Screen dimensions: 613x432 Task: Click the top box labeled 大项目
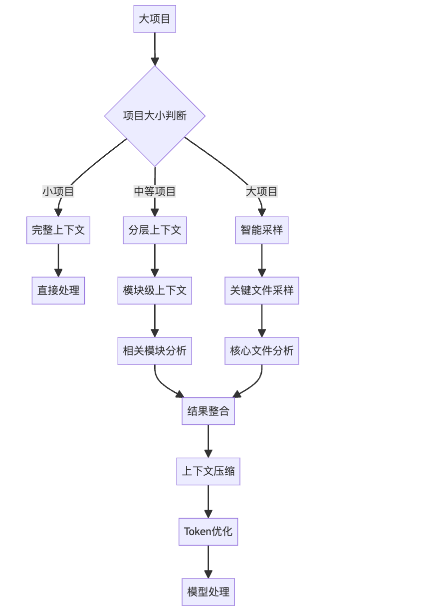pos(155,19)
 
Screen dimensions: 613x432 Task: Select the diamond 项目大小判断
pos(155,116)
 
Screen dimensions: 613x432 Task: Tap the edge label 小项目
pos(58,191)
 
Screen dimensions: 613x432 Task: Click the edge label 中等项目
pos(155,191)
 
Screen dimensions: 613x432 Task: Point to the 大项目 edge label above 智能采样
pos(261,191)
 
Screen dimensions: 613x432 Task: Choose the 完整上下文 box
pos(58,230)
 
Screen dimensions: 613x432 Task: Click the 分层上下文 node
pos(155,230)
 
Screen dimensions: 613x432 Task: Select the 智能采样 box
pos(261,230)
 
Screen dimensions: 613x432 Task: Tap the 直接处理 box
pos(58,291)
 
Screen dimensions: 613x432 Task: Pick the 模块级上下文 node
pos(155,291)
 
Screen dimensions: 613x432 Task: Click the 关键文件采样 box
pos(261,291)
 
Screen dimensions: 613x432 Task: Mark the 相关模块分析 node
pos(155,351)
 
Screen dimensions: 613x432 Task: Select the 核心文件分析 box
pos(261,351)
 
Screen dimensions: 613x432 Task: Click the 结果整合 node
pos(208,411)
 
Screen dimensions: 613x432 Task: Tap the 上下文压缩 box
pos(208,472)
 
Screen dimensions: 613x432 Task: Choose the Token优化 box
pos(208,532)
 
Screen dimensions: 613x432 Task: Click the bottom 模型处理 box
pos(208,592)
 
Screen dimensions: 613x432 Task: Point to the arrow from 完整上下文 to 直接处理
pos(58,260)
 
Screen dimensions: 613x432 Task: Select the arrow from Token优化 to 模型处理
pos(208,562)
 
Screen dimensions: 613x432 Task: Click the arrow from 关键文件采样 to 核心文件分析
pos(261,320)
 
